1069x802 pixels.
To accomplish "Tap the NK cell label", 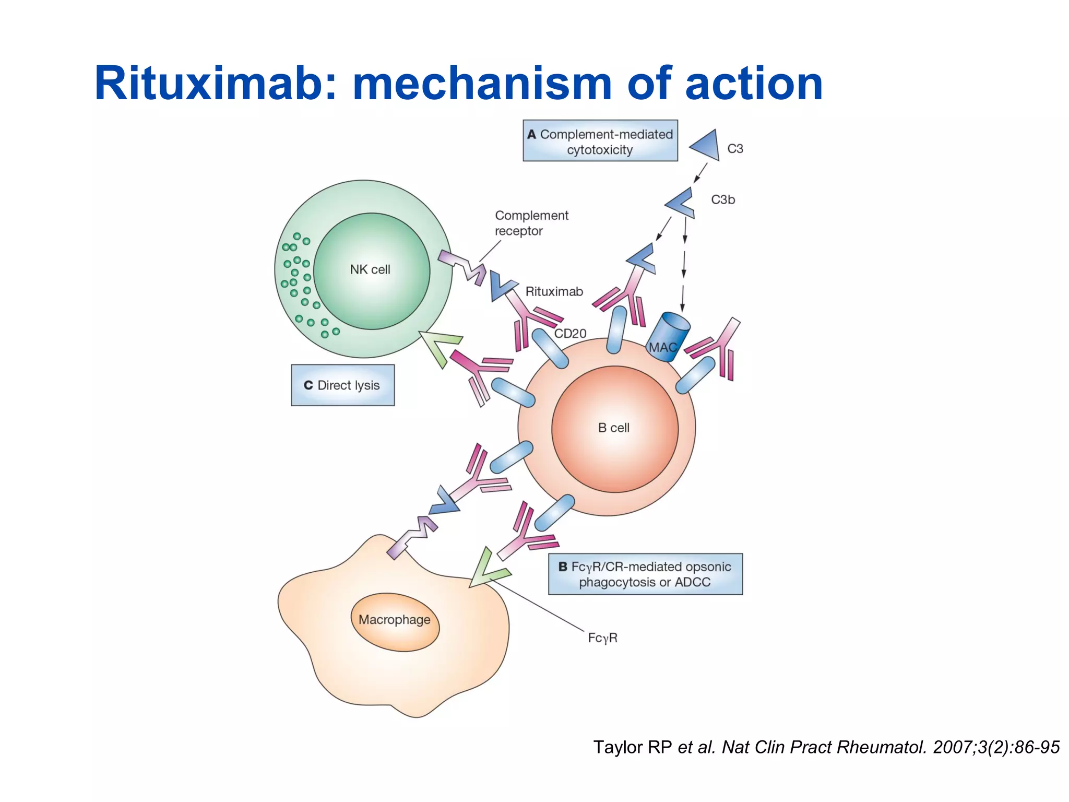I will [370, 270].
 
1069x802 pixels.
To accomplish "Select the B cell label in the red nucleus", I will [614, 428].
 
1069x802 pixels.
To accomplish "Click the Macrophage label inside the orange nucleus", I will [395, 620].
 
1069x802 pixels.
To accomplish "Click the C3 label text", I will [735, 149].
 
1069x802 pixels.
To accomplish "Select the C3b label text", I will [723, 199].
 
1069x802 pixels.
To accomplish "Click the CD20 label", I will [570, 334].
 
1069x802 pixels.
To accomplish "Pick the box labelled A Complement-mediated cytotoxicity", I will [600, 141].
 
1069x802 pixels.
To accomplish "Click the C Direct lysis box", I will [342, 385].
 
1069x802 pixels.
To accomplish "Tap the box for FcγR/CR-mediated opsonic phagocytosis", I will [645, 574].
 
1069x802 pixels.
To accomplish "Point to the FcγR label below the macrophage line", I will [602, 638].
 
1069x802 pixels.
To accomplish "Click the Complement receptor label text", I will [531, 223].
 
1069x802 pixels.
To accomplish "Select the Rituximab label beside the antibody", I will [554, 292].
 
